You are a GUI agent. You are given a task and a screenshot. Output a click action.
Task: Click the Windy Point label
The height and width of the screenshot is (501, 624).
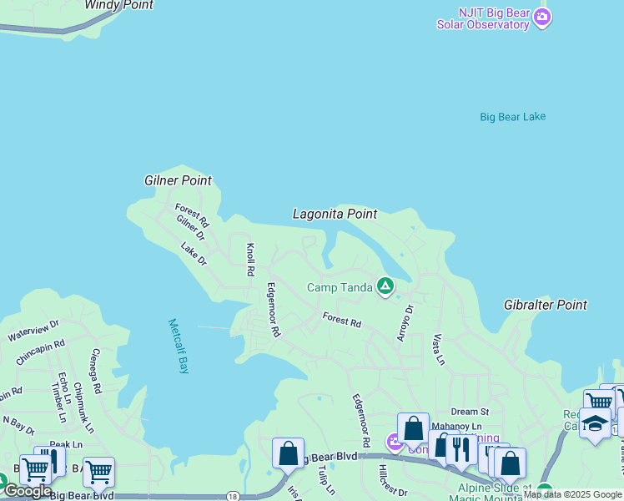[x=119, y=5]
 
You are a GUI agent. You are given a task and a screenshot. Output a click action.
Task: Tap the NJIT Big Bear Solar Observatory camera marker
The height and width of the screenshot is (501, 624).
[x=543, y=18]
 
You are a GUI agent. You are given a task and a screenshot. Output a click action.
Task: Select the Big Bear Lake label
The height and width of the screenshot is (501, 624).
[x=512, y=117]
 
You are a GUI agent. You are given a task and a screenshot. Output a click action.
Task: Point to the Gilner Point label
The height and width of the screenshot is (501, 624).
[x=178, y=180]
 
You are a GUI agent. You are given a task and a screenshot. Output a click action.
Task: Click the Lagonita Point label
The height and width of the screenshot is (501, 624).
[x=335, y=215]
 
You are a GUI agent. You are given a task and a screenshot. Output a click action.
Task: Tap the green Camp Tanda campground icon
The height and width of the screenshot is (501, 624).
[x=385, y=287]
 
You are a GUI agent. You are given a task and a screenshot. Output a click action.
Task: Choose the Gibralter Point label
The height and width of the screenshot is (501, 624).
[x=546, y=306]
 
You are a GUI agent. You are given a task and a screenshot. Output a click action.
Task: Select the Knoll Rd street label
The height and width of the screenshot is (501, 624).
[x=249, y=260]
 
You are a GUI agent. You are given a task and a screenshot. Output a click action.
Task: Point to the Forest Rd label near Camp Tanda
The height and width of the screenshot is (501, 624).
[x=342, y=321]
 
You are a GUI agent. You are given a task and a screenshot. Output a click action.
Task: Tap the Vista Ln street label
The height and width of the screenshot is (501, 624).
[x=438, y=350]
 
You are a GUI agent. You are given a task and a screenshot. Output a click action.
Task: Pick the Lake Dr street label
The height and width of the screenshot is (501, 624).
[x=194, y=254]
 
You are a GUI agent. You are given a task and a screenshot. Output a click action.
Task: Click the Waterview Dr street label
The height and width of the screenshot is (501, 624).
[x=33, y=331]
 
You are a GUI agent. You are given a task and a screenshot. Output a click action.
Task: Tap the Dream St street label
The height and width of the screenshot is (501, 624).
[x=470, y=412]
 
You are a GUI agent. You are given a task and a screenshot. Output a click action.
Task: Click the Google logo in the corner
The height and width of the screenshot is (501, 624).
[x=28, y=492]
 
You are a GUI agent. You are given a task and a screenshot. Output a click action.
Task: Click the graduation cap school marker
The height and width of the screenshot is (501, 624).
[x=595, y=423]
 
